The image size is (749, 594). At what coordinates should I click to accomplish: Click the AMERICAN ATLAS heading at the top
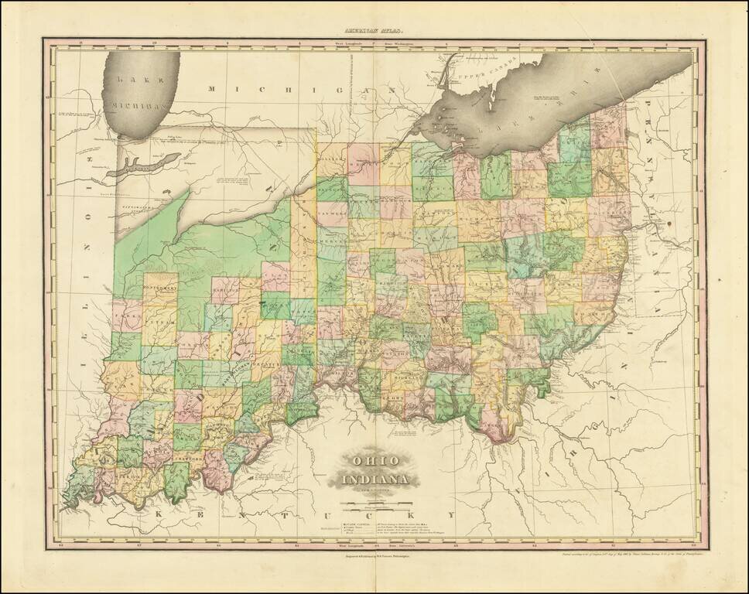tap(374, 31)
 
